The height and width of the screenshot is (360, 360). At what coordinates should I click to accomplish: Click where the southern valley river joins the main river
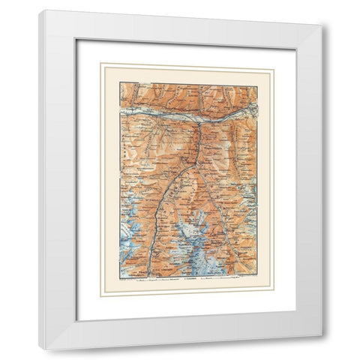199,119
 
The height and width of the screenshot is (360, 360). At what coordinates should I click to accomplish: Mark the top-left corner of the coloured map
120,83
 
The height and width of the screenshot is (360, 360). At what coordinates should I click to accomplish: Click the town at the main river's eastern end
252,111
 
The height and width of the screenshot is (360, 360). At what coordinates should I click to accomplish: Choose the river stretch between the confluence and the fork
198,142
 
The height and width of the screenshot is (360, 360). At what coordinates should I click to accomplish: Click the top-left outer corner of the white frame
40,11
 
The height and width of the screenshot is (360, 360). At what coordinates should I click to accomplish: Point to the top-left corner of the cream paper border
102,64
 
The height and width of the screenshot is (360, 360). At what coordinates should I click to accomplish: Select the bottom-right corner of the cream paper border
274,295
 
